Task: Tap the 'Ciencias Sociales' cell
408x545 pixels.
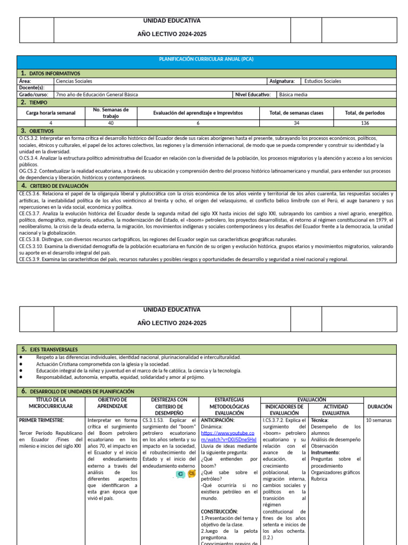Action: [74, 81]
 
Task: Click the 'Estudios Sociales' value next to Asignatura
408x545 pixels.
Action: [322, 81]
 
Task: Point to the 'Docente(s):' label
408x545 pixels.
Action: [32, 88]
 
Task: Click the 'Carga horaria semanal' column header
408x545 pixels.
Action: [51, 113]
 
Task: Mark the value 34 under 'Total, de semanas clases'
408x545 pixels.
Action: [296, 123]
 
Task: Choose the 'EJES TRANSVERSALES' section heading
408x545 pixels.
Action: [54, 349]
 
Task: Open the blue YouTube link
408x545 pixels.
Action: [228, 436]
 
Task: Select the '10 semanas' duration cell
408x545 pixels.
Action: [379, 420]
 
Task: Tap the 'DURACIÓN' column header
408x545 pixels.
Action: [379, 407]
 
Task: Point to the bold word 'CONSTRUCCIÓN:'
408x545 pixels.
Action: [219, 511]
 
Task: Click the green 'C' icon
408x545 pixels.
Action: [181, 474]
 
